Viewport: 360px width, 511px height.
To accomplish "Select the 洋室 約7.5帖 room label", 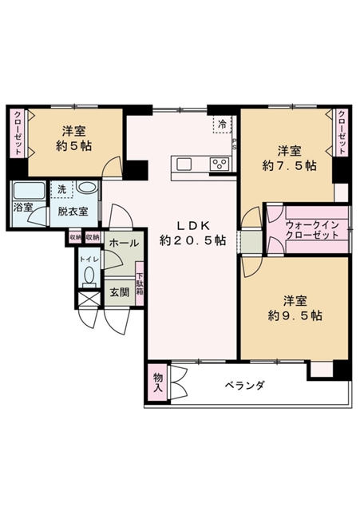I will [x=289, y=158].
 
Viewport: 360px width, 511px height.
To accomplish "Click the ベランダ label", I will [x=244, y=386].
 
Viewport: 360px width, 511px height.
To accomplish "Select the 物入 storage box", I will [x=157, y=384].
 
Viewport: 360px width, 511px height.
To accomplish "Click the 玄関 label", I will [x=118, y=291].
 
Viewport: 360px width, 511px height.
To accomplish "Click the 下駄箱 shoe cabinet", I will [x=140, y=281].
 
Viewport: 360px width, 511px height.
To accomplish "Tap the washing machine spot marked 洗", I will [x=61, y=189].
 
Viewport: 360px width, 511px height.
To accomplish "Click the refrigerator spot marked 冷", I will [x=221, y=125].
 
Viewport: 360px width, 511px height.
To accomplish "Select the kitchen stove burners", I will [x=220, y=164].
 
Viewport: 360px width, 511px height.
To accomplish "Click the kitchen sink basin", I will [x=184, y=164].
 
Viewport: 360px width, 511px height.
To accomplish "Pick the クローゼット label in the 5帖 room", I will [x=16, y=134].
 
